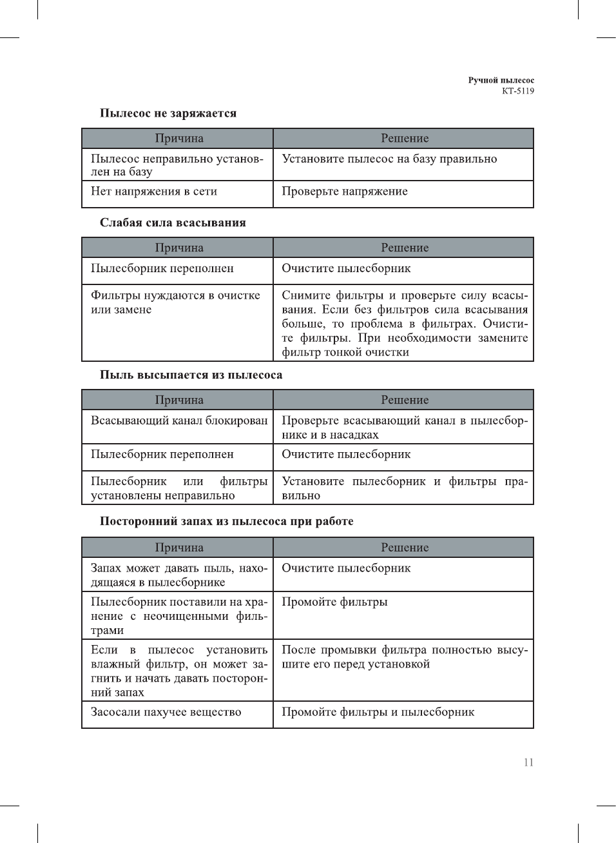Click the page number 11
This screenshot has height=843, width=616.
528,762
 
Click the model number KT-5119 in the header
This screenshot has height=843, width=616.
518,91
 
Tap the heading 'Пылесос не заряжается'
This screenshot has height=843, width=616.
168,114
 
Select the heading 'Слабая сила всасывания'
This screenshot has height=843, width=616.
173,223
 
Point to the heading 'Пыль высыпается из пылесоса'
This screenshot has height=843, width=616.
191,375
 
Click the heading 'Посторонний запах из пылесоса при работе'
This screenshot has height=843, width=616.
226,521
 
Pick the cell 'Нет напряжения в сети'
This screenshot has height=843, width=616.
154,192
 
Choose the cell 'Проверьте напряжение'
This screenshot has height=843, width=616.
345,192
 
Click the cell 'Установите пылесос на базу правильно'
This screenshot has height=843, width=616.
389,159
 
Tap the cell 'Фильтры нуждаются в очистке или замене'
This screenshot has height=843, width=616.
175,302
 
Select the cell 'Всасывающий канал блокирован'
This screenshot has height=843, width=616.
179,421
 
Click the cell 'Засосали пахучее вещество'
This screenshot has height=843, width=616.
166,712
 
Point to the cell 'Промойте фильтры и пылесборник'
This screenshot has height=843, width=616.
378,712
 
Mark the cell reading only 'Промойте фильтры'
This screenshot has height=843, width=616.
334,602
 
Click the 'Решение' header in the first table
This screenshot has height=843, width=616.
405,139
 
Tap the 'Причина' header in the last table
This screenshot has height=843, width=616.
179,548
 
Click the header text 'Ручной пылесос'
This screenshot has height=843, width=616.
501,81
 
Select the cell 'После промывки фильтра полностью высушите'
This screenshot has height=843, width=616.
404,657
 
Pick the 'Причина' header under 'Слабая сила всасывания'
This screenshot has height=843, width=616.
179,248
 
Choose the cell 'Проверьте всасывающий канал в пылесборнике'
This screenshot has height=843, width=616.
404,428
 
